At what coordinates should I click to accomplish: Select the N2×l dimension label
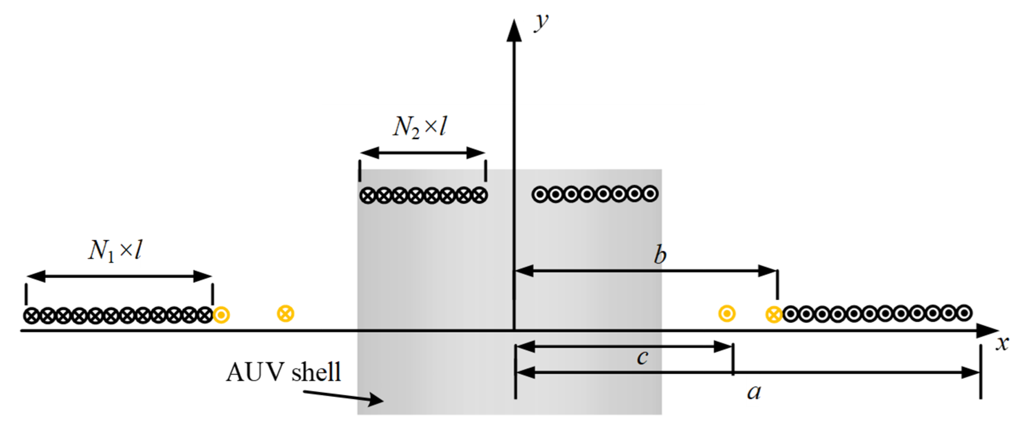[420, 127]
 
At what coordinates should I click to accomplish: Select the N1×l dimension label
[115, 251]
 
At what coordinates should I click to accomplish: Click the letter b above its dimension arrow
[660, 255]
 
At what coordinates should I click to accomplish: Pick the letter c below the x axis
[642, 357]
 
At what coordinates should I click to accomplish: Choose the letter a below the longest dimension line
[754, 392]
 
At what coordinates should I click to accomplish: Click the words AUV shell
[283, 372]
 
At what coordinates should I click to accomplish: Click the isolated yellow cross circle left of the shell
[285, 314]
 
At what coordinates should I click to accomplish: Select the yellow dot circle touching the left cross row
[221, 315]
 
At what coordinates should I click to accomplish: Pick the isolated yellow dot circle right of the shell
[727, 314]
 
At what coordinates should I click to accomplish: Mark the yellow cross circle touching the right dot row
[774, 315]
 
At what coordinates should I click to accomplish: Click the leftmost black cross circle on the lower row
[31, 316]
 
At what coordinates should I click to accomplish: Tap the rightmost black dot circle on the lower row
[964, 313]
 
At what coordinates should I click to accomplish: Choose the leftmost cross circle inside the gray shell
[368, 195]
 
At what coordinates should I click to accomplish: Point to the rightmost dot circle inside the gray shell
[650, 194]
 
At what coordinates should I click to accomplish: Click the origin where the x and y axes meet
[514, 330]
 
